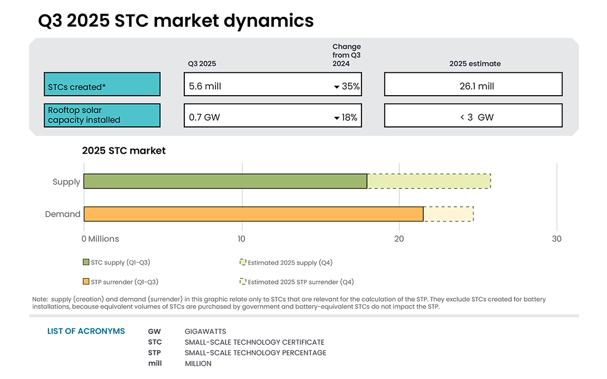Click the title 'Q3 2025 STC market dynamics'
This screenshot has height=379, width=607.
coord(175,21)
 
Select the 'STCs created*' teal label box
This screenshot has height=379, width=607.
coord(102,85)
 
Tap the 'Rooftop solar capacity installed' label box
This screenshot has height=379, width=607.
coord(102,115)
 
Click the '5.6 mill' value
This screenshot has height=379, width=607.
coord(205,86)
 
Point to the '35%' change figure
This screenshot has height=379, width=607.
coord(350,86)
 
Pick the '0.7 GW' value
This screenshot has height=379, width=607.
coord(204,117)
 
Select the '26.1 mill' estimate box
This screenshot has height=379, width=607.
coord(473,85)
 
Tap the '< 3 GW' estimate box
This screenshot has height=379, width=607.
coord(473,116)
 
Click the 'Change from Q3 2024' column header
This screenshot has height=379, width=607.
coord(346,55)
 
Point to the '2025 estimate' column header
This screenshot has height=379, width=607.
coord(474,63)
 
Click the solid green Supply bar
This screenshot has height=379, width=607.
coord(225,181)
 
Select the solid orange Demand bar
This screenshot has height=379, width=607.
coord(253,214)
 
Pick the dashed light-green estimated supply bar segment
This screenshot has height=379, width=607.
coord(429,181)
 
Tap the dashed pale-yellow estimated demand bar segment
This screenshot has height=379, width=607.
coord(448,214)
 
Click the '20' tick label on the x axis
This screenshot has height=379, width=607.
coord(399,239)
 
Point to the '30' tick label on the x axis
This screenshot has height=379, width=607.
coord(556,239)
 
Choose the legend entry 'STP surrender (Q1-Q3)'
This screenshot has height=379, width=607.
coord(124,282)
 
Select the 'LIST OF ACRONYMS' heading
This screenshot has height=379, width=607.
coord(86,331)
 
